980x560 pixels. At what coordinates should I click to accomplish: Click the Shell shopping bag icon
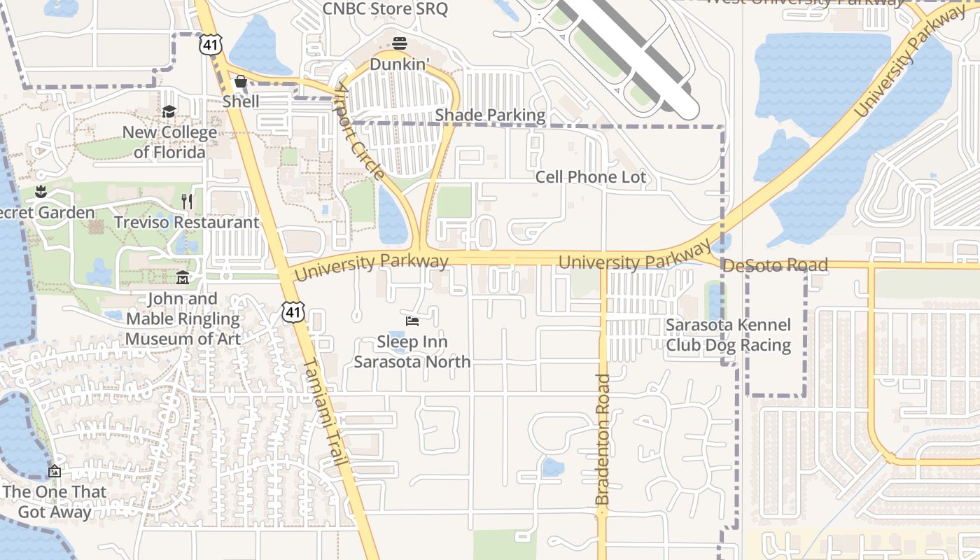pyautogui.click(x=240, y=82)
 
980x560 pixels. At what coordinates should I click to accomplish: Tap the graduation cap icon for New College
pyautogui.click(x=169, y=112)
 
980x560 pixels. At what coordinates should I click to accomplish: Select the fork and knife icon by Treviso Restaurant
pyautogui.click(x=187, y=202)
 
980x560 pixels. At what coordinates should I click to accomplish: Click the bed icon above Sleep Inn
pyautogui.click(x=412, y=321)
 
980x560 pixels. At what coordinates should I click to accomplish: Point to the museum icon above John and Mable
pyautogui.click(x=183, y=278)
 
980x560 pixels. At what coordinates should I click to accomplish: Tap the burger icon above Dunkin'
pyautogui.click(x=400, y=43)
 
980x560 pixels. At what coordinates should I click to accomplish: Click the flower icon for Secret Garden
pyautogui.click(x=41, y=192)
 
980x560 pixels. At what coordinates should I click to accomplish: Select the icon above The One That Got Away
pyautogui.click(x=55, y=471)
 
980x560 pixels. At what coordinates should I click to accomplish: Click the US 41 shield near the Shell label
pyautogui.click(x=210, y=45)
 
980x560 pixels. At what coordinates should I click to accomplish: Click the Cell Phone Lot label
pyautogui.click(x=591, y=177)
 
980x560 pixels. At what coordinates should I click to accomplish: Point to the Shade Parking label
pyautogui.click(x=490, y=115)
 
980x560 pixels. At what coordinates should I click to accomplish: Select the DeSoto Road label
pyautogui.click(x=775, y=265)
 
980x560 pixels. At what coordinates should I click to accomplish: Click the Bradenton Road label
pyautogui.click(x=603, y=440)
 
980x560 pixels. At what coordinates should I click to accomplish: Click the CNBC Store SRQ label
pyautogui.click(x=385, y=9)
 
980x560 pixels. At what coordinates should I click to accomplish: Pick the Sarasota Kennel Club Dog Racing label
pyautogui.click(x=728, y=335)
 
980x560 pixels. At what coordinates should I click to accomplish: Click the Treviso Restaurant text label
pyautogui.click(x=186, y=223)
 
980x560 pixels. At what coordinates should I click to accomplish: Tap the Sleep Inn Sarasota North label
pyautogui.click(x=412, y=352)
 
